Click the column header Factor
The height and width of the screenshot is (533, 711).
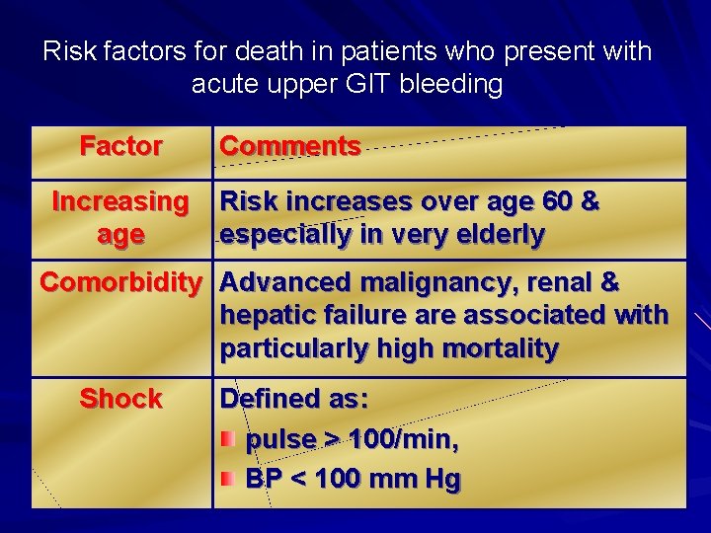pyautogui.click(x=120, y=146)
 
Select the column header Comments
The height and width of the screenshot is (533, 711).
pyautogui.click(x=289, y=146)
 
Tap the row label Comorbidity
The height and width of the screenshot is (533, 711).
pyautogui.click(x=119, y=282)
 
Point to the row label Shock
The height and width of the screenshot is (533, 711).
pyautogui.click(x=120, y=399)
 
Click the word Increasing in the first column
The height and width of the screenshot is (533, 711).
pyautogui.click(x=119, y=201)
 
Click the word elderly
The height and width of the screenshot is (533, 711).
pyautogui.click(x=496, y=235)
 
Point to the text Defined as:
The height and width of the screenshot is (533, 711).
pyautogui.click(x=294, y=399)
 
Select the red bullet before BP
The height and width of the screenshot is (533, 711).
pyautogui.click(x=228, y=479)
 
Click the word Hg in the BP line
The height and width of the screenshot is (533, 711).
pyautogui.click(x=441, y=480)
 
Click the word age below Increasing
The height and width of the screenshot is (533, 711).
pyautogui.click(x=120, y=235)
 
